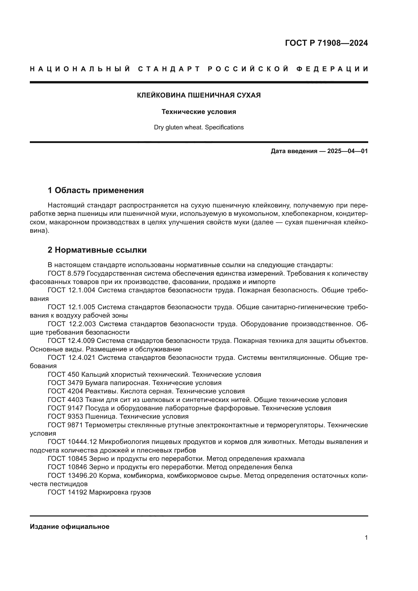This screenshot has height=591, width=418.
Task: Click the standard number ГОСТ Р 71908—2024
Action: (326, 43)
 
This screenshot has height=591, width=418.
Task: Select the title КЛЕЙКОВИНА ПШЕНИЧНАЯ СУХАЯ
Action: (199, 96)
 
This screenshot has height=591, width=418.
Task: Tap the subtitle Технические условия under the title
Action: (199, 112)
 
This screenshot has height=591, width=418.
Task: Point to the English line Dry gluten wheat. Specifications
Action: (199, 127)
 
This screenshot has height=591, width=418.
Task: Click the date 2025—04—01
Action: (347, 151)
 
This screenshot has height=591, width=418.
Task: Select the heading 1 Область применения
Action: (96, 191)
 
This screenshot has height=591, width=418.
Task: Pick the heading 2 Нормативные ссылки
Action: (97, 250)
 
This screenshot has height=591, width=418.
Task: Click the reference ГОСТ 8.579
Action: (66, 273)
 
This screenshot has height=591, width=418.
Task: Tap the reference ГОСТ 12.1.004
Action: (71, 290)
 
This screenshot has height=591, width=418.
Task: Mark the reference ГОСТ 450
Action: (63, 374)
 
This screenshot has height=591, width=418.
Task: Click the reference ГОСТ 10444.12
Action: (72, 442)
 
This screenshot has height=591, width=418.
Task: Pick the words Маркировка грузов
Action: (120, 492)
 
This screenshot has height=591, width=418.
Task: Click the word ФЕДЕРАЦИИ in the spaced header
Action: (332, 69)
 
